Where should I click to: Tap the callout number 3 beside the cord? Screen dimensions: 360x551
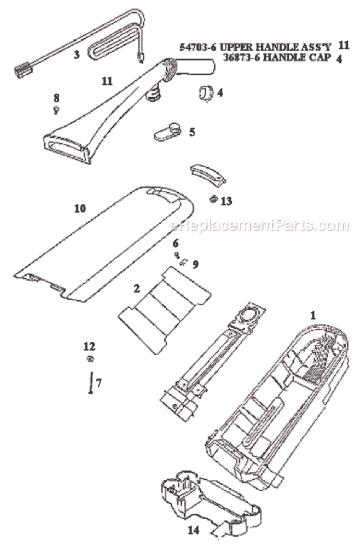[77, 54]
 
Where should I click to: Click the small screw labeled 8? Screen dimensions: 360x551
[56, 110]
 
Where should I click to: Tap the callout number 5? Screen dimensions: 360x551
[192, 132]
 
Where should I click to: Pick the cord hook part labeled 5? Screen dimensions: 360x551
[167, 131]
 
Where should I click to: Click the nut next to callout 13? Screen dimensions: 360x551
[213, 200]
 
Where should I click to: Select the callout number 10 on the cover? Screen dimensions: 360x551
[80, 209]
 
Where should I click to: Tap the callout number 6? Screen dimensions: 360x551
[176, 243]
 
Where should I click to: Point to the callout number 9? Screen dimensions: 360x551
[195, 264]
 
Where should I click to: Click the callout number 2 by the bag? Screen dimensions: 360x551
[137, 289]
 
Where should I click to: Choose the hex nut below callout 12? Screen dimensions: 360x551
[90, 359]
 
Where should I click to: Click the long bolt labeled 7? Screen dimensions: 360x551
[91, 383]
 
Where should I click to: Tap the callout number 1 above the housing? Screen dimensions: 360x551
[313, 315]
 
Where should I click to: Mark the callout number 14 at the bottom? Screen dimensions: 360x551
[193, 530]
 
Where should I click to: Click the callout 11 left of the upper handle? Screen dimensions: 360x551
[107, 81]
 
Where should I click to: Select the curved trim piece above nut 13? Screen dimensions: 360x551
[208, 175]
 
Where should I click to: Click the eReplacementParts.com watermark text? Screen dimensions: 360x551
[259, 225]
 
